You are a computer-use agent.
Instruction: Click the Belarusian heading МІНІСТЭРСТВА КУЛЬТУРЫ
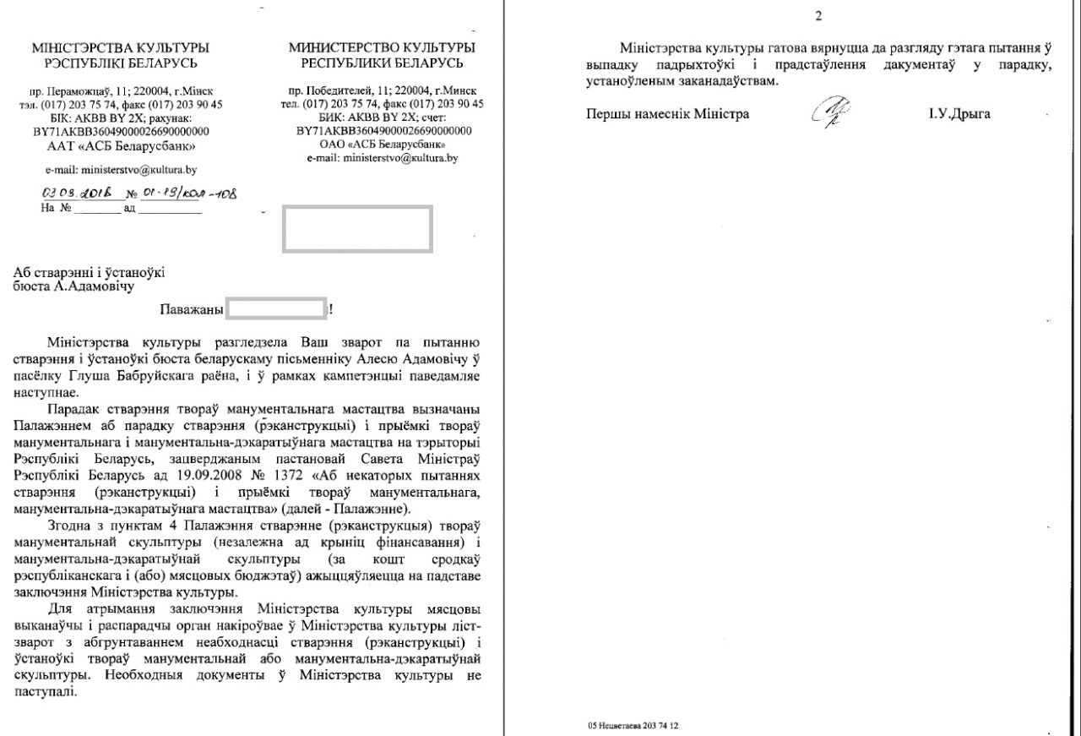pos(120,47)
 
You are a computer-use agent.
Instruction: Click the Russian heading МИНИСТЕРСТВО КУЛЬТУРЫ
pos(381,47)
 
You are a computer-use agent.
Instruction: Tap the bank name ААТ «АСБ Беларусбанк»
pos(120,144)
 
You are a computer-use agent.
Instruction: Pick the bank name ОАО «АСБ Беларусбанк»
pos(381,144)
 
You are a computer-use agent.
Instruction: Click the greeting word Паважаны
pos(190,309)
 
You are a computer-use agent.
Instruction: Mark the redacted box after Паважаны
pos(277,308)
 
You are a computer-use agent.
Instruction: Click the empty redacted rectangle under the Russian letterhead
pos(357,226)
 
